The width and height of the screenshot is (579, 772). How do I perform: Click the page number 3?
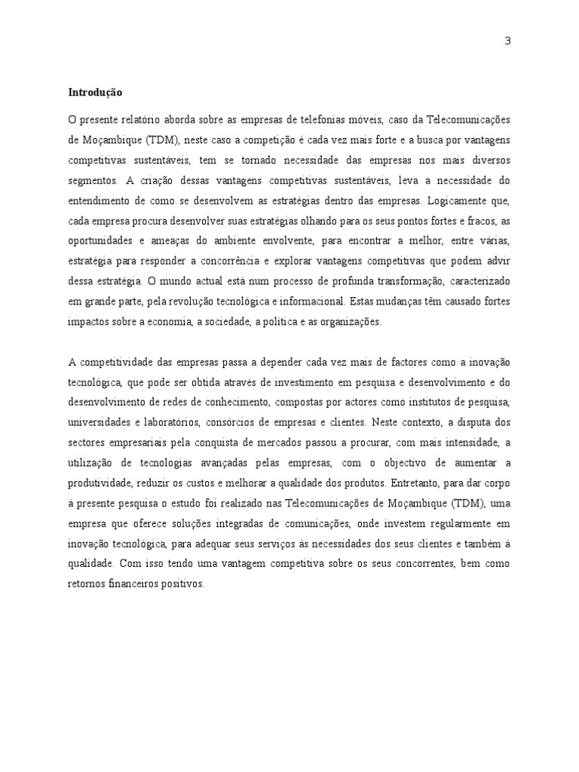tap(507, 41)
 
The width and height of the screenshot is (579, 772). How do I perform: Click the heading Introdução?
tap(95, 93)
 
